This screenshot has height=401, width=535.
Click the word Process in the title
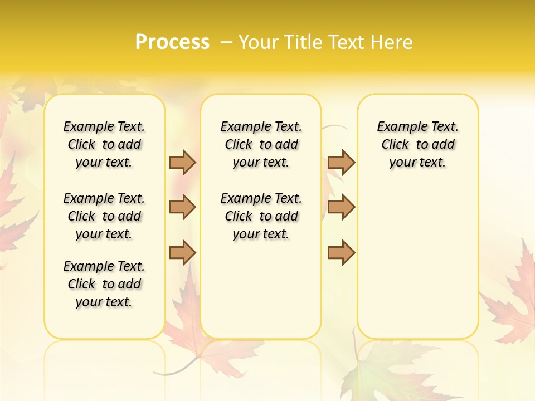pyautogui.click(x=172, y=42)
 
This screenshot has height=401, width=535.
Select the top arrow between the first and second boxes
pyautogui.click(x=182, y=163)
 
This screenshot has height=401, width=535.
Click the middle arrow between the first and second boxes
pyautogui.click(x=182, y=207)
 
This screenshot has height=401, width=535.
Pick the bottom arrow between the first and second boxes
pyautogui.click(x=182, y=252)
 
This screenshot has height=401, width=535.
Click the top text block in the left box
pyautogui.click(x=104, y=144)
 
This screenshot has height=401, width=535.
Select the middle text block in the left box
pyautogui.click(x=104, y=216)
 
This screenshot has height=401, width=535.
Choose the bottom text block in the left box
pyautogui.click(x=104, y=284)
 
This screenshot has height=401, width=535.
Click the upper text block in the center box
pyautogui.click(x=261, y=144)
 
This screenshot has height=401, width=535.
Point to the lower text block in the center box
pyautogui.click(x=261, y=216)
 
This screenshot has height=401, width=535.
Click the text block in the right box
pyautogui.click(x=417, y=144)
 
